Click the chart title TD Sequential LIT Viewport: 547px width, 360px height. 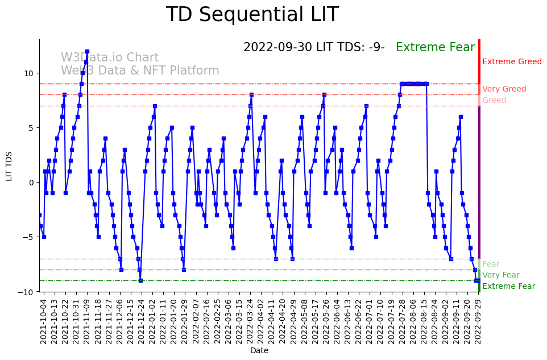click(x=252, y=15)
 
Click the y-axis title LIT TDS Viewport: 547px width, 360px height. click(x=9, y=165)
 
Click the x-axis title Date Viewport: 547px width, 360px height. click(x=259, y=351)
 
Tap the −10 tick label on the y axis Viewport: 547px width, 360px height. click(x=27, y=292)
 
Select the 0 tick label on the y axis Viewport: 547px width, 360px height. click(x=31, y=183)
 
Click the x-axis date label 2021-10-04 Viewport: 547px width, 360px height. click(x=43, y=322)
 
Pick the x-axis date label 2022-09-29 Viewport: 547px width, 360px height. click(x=479, y=322)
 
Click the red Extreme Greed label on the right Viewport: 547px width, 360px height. click(x=512, y=62)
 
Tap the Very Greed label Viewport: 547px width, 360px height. click(x=504, y=89)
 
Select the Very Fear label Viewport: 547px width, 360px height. click(x=500, y=275)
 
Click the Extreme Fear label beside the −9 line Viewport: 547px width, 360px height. click(x=508, y=287)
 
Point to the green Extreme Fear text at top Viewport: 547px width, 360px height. click(x=435, y=48)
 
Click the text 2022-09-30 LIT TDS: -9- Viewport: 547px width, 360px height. click(x=314, y=48)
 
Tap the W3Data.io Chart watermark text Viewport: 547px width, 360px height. click(x=110, y=58)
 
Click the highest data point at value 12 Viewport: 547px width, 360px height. click(x=87, y=51)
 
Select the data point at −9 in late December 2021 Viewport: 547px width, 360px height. click(x=140, y=280)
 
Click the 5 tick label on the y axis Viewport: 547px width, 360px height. click(x=31, y=128)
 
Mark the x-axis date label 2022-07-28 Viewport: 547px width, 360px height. click(x=403, y=322)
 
